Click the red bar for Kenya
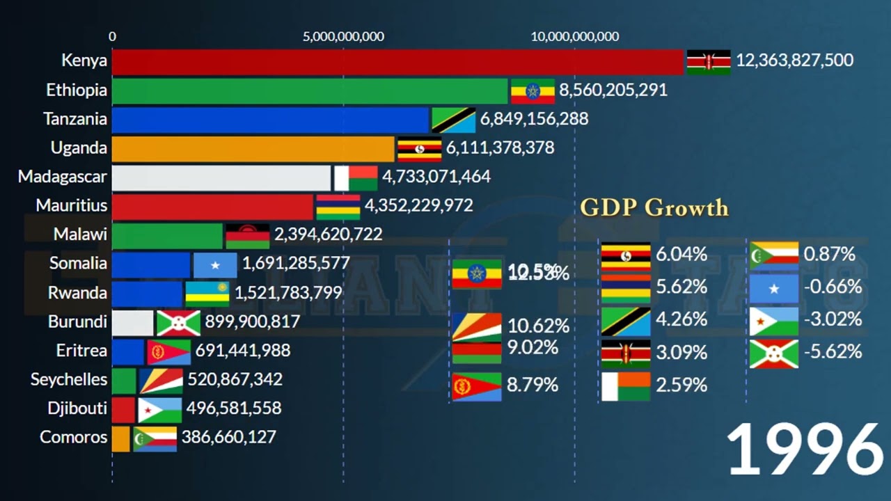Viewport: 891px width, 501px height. coord(397,62)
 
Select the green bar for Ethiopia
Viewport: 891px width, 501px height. coord(310,91)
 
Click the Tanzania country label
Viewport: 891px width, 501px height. coord(75,119)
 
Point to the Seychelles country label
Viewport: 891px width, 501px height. coord(69,379)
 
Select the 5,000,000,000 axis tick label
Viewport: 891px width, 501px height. coord(343,36)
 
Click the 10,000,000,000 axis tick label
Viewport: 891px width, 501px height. coord(574,36)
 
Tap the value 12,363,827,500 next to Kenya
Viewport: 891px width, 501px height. coord(794,61)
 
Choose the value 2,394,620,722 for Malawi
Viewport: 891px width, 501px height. coord(329,234)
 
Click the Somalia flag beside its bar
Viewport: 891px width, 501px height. coord(215,264)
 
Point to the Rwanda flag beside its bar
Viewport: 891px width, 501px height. coord(207,294)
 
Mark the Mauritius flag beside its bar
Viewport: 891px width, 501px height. coord(338,207)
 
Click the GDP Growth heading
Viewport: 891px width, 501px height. coord(654,207)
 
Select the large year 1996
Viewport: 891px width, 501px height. coord(805,451)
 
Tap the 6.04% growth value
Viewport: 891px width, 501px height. coord(681,255)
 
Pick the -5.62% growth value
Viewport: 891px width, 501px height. coord(833,352)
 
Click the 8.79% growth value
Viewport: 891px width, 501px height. coord(533,385)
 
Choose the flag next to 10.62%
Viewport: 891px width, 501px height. coord(477,325)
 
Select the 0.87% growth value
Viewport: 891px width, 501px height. coord(829,255)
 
